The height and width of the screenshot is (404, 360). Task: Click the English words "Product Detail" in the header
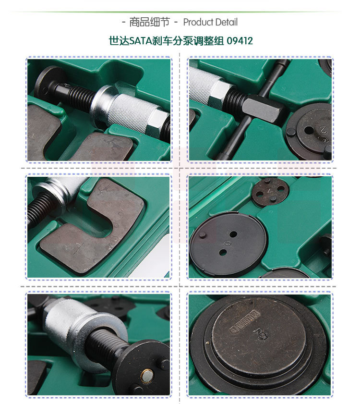(210, 22)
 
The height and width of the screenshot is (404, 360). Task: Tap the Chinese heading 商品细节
(149, 22)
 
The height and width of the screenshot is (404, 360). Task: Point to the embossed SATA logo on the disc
(244, 321)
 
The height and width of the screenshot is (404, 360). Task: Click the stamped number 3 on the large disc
(261, 334)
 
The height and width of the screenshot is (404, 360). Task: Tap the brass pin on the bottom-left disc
(147, 375)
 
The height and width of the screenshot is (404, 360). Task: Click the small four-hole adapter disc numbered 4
(270, 192)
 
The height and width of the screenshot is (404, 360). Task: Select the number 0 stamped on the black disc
(227, 243)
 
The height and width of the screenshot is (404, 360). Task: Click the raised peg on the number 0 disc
(203, 235)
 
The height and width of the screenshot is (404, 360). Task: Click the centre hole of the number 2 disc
(309, 130)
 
